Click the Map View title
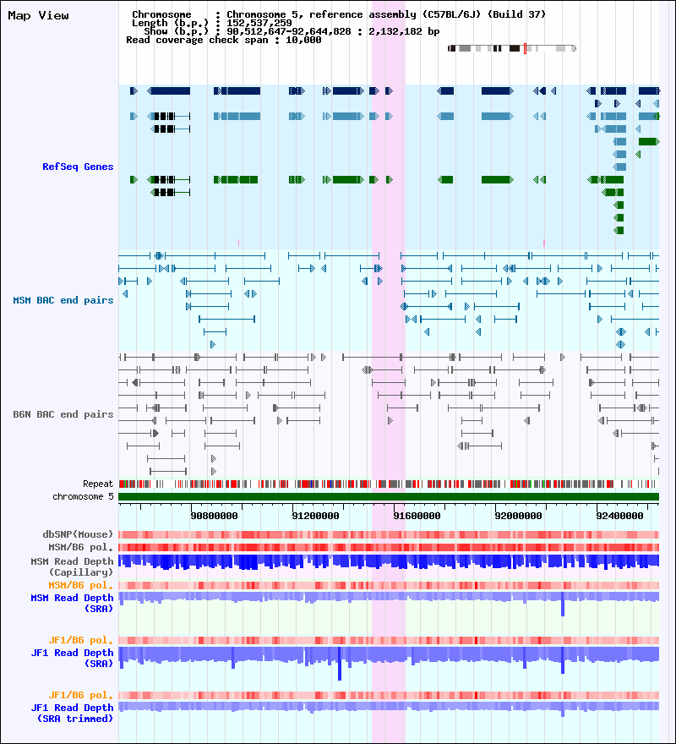(x=38, y=15)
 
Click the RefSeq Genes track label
(x=78, y=167)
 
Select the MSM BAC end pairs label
(x=63, y=300)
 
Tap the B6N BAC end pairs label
(x=63, y=414)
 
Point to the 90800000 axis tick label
(x=214, y=515)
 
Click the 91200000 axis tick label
(x=315, y=515)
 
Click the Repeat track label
(x=98, y=484)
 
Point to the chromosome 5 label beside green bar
(x=83, y=496)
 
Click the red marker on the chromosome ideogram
(x=525, y=48)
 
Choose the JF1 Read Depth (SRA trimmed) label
(x=73, y=713)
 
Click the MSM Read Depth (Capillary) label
(x=73, y=566)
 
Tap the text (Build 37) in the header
(x=517, y=14)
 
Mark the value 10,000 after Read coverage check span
(x=303, y=40)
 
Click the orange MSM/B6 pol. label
(x=81, y=585)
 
